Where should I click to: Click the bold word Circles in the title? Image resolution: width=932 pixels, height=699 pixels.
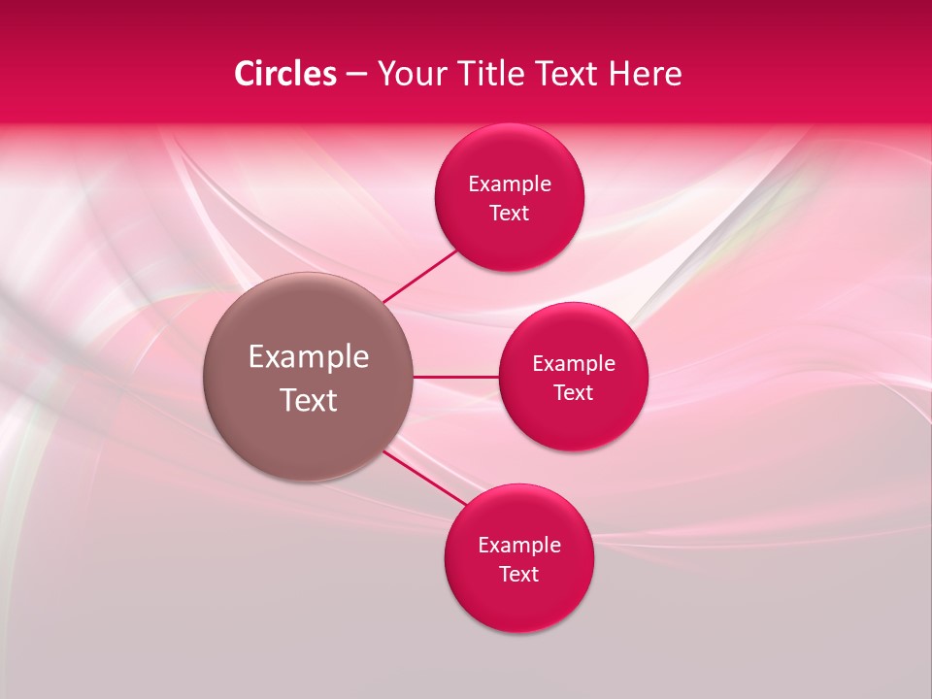pyautogui.click(x=284, y=74)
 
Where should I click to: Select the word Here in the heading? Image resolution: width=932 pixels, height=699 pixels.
pyautogui.click(x=646, y=74)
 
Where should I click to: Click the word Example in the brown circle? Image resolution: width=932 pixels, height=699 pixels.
pyautogui.click(x=309, y=357)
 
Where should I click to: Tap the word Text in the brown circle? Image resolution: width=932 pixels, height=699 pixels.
pyautogui.click(x=309, y=400)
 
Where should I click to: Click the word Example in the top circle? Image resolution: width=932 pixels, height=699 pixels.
pyautogui.click(x=510, y=184)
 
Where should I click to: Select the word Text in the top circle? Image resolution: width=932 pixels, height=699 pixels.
pyautogui.click(x=509, y=214)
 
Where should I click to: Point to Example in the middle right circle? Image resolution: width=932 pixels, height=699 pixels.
pyautogui.click(x=574, y=364)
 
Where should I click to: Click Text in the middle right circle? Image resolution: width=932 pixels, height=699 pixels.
pyautogui.click(x=573, y=393)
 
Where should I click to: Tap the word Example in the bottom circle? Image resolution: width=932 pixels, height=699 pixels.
pyautogui.click(x=519, y=546)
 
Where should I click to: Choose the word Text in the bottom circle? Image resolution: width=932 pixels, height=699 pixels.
pyautogui.click(x=518, y=575)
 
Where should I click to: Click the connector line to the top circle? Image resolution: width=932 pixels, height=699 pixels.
pyautogui.click(x=419, y=276)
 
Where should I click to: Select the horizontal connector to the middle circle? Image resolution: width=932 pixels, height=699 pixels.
pyautogui.click(x=456, y=377)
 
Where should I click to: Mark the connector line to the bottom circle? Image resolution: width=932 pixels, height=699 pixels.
pyautogui.click(x=425, y=478)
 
